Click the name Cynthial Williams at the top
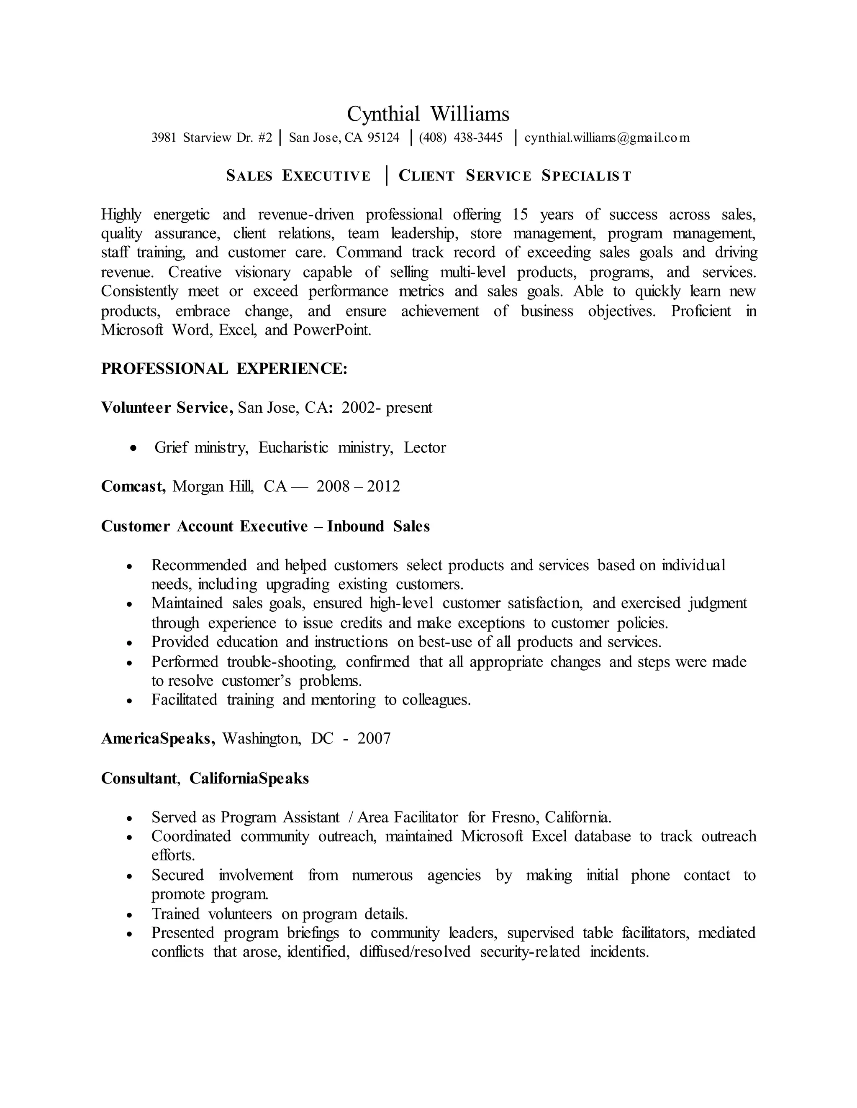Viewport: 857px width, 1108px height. pos(428,114)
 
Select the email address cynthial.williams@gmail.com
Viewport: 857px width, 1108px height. pos(607,138)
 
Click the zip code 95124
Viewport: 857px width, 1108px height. pos(383,138)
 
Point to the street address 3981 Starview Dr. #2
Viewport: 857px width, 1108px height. pos(212,138)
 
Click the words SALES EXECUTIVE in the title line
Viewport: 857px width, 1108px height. pos(298,176)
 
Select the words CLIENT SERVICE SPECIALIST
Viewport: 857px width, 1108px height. pos(515,176)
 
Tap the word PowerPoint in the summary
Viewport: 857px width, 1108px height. pos(332,330)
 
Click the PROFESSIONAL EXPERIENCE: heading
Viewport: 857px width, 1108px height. pos(224,369)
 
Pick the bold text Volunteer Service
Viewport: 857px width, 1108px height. pos(167,407)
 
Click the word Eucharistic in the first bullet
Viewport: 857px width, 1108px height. pos(293,447)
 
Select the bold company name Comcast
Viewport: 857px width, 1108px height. pos(133,487)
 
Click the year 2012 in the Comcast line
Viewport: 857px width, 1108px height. pos(383,487)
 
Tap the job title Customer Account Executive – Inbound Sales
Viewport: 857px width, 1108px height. pos(265,526)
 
